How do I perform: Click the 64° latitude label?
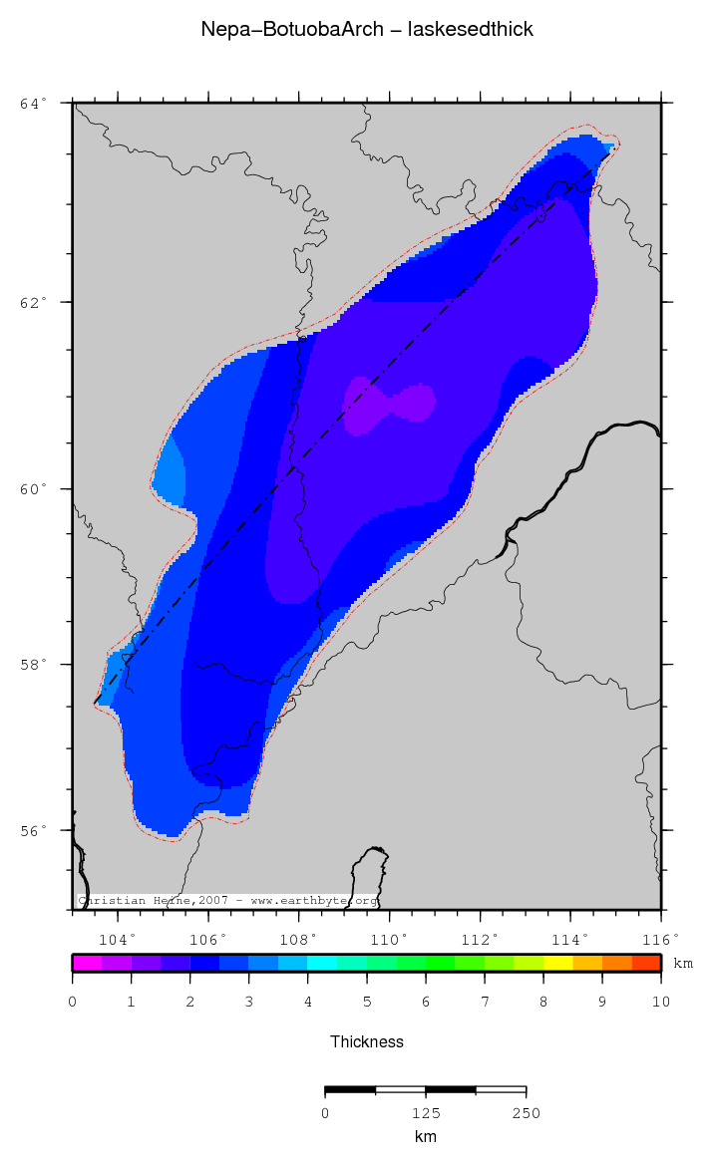pos(34,103)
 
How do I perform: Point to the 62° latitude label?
pos(34,301)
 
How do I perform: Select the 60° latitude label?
pos(34,489)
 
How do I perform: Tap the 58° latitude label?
pos(34,665)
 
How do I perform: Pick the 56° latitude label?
pos(34,830)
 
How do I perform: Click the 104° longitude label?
pos(117,939)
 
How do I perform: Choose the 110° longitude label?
pos(389,939)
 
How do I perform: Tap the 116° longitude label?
pos(660,939)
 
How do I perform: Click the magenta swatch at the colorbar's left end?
pos(87,963)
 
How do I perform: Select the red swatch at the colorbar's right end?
pos(646,963)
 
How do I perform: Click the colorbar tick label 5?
pos(367,1002)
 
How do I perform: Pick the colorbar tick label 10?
pos(660,1002)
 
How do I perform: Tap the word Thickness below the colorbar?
pos(367,1041)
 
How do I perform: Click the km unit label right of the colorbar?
pos(683,964)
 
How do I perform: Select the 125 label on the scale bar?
pos(426,1113)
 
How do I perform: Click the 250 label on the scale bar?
pos(526,1113)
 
